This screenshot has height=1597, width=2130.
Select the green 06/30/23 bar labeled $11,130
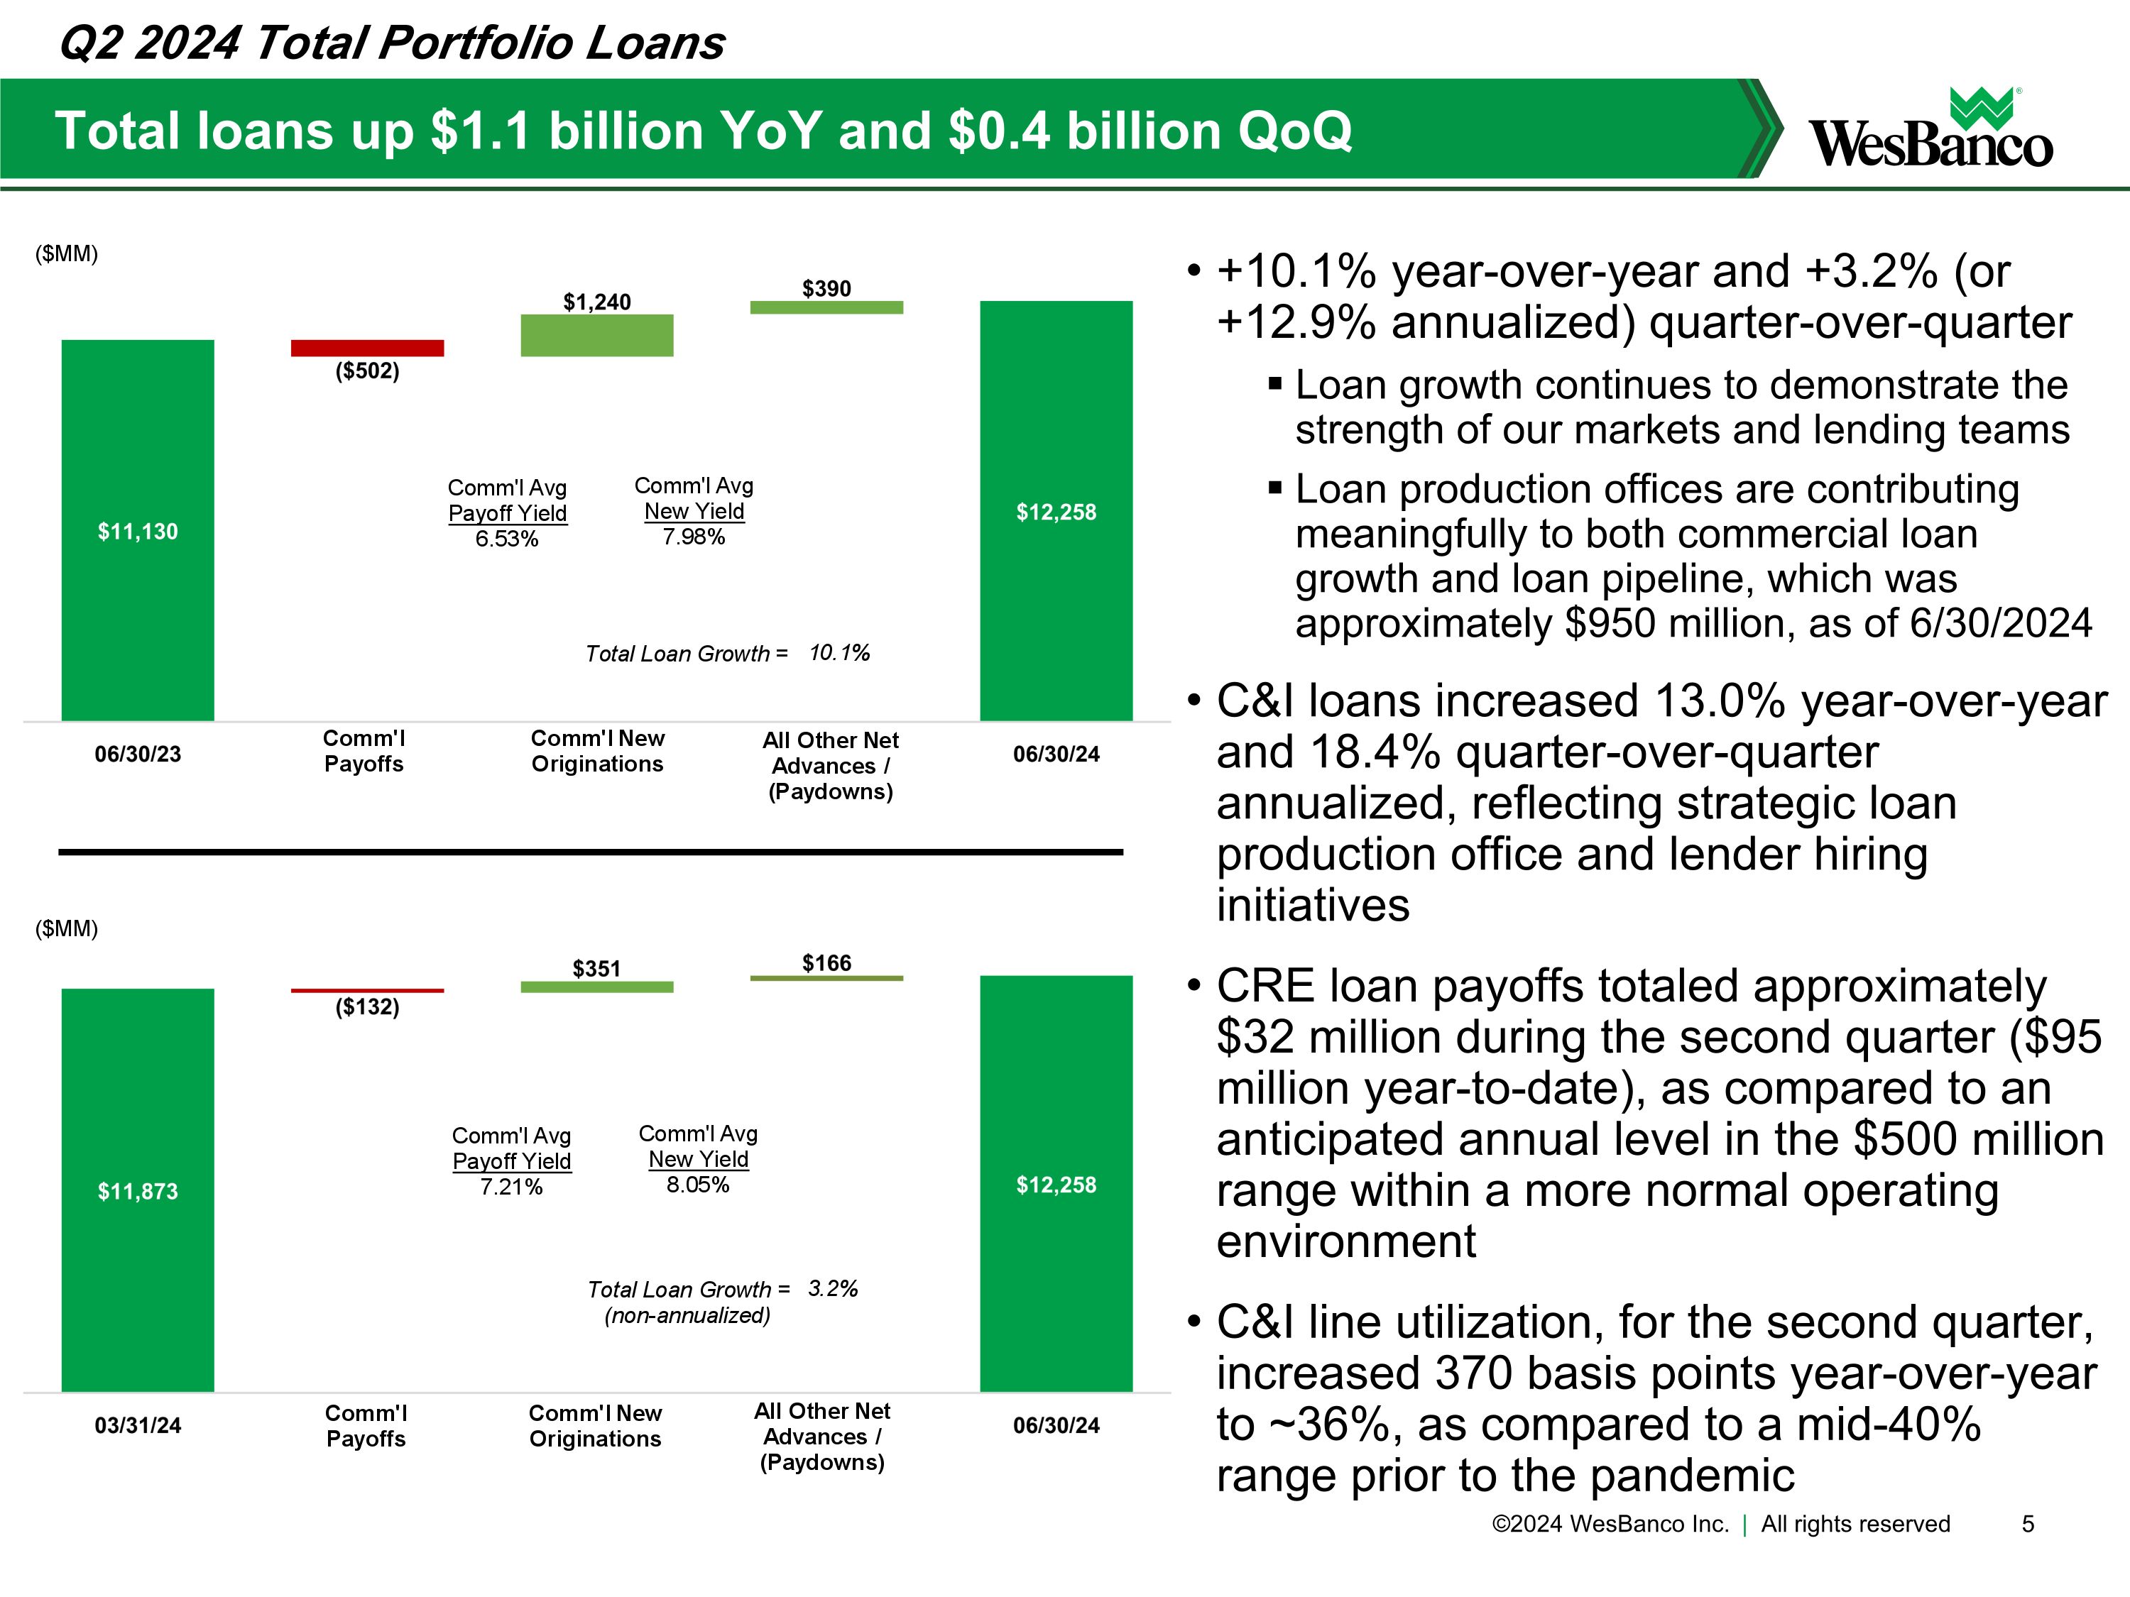click(x=138, y=529)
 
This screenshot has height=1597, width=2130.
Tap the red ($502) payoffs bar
click(x=367, y=348)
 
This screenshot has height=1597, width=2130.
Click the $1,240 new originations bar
click(x=596, y=335)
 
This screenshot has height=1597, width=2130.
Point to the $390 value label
click(x=826, y=288)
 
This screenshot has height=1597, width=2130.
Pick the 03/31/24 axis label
click(x=138, y=1425)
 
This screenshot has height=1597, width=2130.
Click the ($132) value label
click(x=367, y=1007)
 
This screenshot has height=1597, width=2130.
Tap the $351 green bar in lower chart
click(x=596, y=987)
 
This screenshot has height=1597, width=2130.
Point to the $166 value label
click(x=826, y=962)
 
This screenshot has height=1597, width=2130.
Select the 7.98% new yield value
click(x=693, y=536)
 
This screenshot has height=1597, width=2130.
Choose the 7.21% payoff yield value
click(x=511, y=1187)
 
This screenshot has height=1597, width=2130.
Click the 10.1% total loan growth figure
click(x=839, y=653)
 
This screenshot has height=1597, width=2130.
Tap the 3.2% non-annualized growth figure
click(x=833, y=1288)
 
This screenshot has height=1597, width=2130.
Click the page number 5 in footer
click(x=2027, y=1524)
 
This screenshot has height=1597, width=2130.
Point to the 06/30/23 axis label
click(x=138, y=754)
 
